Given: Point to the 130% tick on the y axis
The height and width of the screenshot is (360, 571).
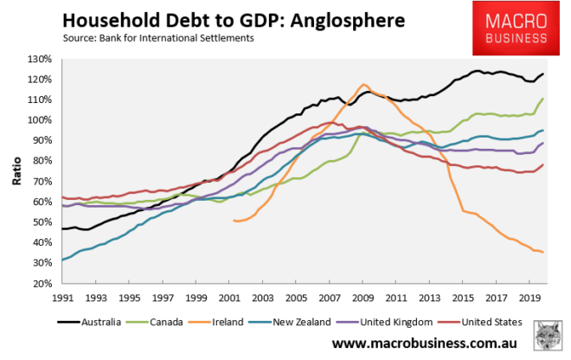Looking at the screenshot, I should click(x=38, y=59).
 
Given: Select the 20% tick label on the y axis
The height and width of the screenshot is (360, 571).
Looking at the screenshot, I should click(x=38, y=284).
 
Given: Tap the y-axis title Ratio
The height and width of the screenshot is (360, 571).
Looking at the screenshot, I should click(x=16, y=171).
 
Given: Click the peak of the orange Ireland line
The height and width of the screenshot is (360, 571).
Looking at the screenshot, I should click(x=364, y=84).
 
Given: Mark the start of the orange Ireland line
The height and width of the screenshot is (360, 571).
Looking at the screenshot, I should click(x=234, y=221).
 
